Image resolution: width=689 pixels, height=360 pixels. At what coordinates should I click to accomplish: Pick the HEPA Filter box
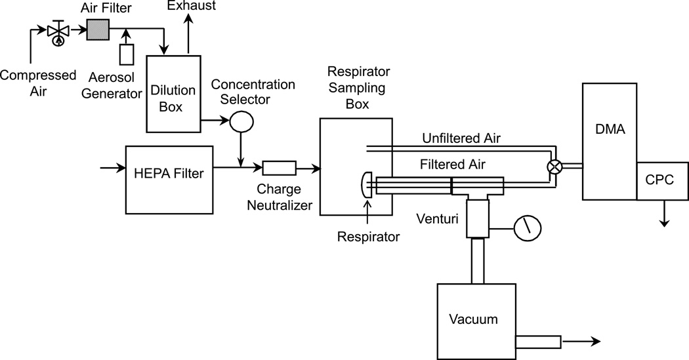tap(169, 174)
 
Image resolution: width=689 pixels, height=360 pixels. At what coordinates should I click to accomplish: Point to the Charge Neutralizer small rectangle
tap(278, 169)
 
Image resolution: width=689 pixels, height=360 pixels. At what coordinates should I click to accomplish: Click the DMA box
tap(609, 141)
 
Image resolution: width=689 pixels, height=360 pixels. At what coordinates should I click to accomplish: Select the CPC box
tap(663, 180)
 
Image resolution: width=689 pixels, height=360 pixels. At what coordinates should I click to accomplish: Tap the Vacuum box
tap(474, 319)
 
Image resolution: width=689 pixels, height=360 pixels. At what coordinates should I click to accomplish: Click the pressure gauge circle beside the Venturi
tap(528, 228)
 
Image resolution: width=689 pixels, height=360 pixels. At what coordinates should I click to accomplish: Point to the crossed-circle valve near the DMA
tap(555, 167)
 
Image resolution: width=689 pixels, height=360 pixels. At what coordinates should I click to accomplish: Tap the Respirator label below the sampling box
tap(368, 237)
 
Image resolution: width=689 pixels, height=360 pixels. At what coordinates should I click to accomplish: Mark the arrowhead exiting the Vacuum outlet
tap(595, 342)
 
